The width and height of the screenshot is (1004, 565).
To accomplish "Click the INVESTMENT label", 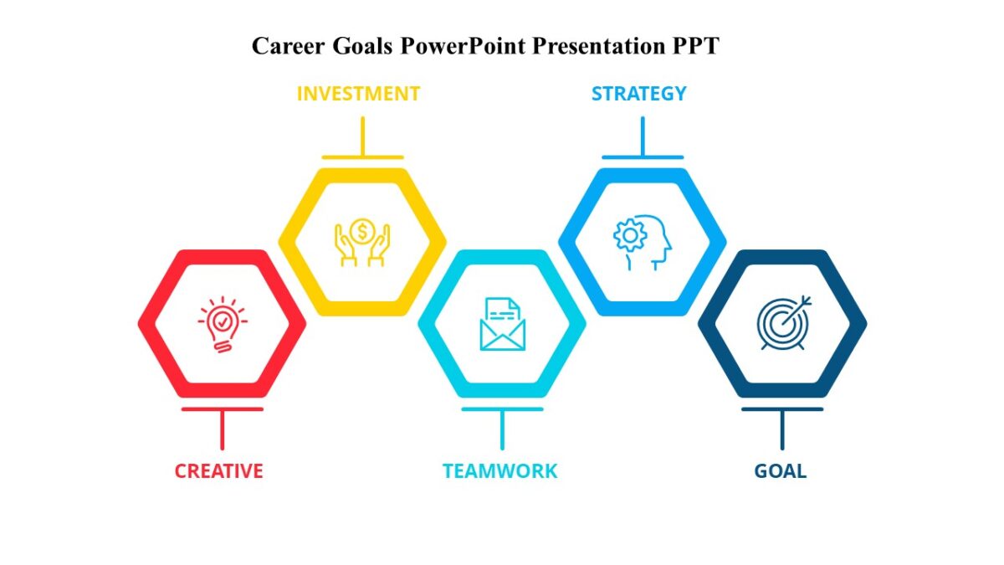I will click(358, 94).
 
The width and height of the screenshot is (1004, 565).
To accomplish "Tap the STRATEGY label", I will click(638, 94).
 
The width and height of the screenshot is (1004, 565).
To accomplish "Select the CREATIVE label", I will click(218, 471).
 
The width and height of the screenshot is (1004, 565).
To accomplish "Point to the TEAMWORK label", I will click(499, 471).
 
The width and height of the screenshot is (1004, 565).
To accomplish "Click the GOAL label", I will click(780, 471).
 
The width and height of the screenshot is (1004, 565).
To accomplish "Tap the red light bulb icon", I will click(222, 325).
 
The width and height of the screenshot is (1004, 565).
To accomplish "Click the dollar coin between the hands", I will click(362, 229).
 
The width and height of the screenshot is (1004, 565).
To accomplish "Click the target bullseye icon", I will click(783, 323).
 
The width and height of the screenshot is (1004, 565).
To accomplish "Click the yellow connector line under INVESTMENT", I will click(362, 136).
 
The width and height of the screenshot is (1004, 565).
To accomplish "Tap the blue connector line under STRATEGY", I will click(643, 136).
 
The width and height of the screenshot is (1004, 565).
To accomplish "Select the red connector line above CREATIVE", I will click(222, 429).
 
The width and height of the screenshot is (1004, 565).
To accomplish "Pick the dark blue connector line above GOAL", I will click(782, 429).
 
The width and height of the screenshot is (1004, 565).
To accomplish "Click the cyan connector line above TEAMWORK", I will click(502, 429).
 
